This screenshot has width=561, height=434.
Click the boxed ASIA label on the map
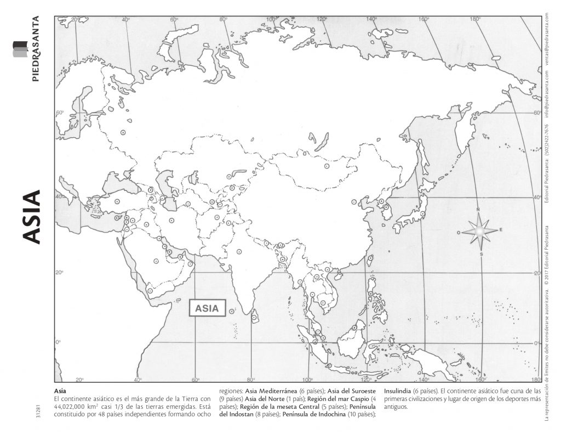207,308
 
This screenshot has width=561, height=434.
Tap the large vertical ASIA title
32,217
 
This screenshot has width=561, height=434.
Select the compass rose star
479,231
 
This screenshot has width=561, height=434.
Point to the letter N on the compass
478,210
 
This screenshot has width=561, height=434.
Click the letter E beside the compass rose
501,230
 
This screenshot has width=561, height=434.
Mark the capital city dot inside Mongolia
327,166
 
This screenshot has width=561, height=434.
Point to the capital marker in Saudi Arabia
156,261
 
